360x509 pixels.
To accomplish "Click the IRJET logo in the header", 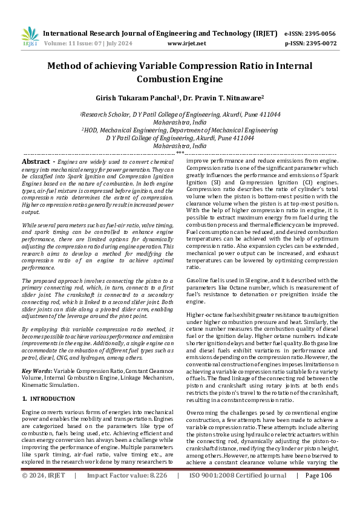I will click(x=29, y=37).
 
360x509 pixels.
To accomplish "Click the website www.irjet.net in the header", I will click(x=186, y=44).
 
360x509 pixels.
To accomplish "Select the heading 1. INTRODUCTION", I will click(x=48, y=399).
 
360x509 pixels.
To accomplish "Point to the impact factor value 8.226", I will click(x=155, y=493).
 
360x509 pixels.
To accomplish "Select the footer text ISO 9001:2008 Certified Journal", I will click(x=238, y=493).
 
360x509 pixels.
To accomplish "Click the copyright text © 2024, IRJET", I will click(x=44, y=493).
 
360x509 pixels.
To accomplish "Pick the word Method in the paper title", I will click(x=67, y=66).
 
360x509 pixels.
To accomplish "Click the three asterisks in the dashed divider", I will click(x=180, y=154).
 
